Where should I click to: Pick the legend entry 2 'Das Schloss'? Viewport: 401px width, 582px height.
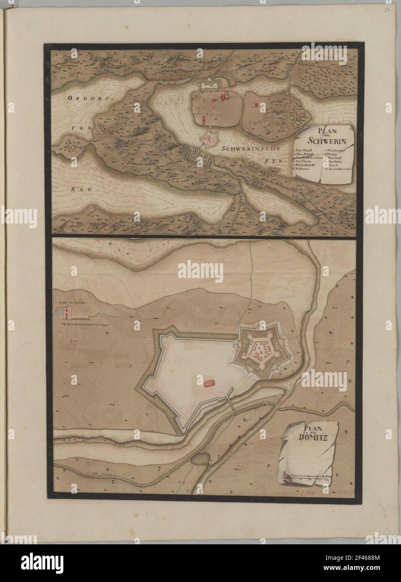click(x=302, y=154)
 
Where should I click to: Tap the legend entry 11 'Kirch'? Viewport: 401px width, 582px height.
click(x=333, y=165)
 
